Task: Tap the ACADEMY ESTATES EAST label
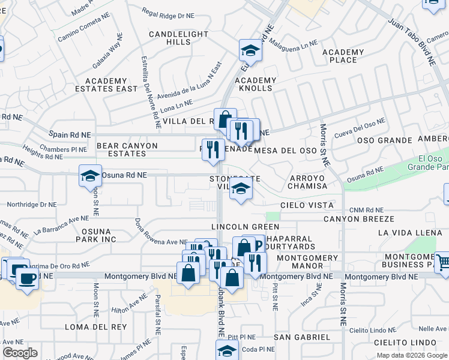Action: (106, 85)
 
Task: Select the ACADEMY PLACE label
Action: (343, 56)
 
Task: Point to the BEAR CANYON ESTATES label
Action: (127, 149)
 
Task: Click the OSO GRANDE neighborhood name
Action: (384, 140)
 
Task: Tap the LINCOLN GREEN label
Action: (245, 227)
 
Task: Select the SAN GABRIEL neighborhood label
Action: (303, 338)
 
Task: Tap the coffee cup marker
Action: (26, 278)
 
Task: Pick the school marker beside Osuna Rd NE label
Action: (90, 176)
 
